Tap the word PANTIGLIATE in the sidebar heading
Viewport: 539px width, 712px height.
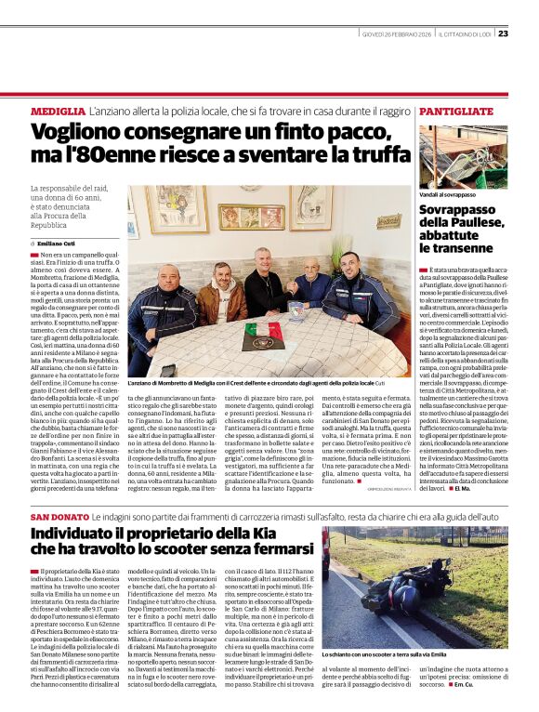pyautogui.click(x=455, y=112)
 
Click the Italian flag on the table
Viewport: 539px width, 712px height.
pyautogui.click(x=263, y=331)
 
